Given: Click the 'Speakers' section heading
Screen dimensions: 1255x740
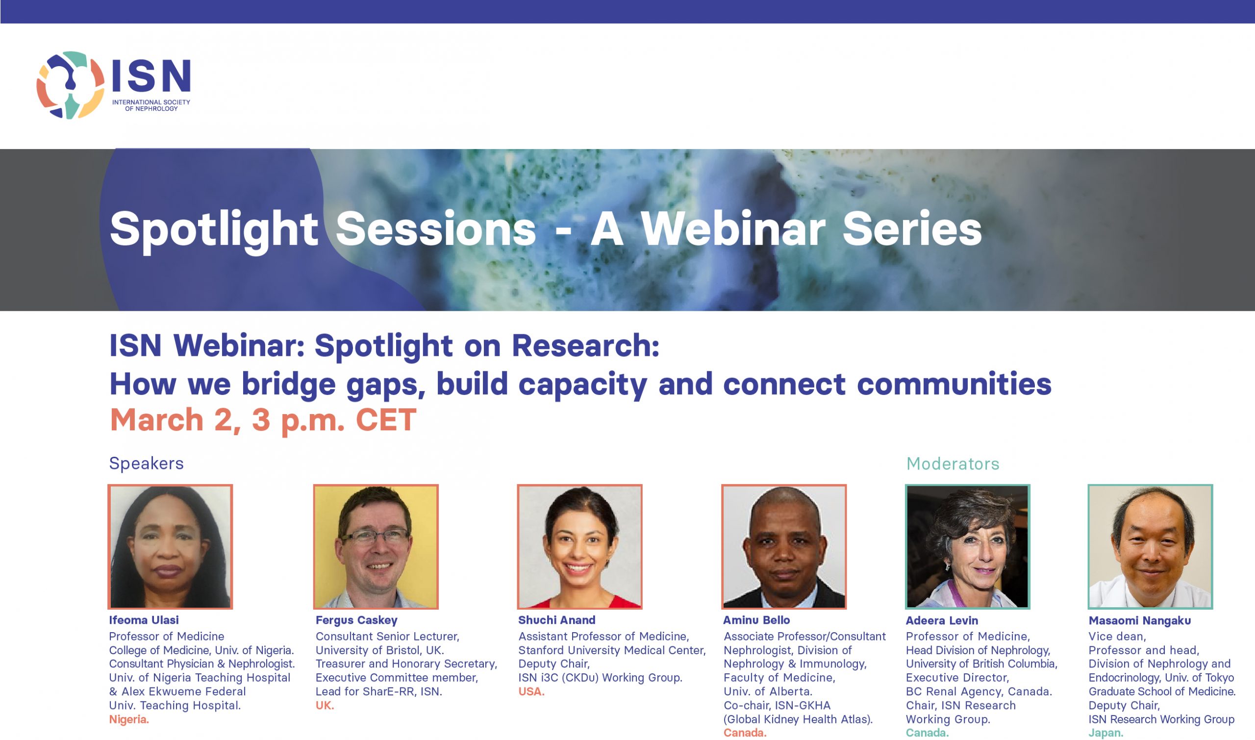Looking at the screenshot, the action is [146, 463].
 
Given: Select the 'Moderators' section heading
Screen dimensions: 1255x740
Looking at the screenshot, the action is [953, 464].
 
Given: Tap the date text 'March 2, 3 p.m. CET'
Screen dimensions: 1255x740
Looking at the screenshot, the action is [263, 420].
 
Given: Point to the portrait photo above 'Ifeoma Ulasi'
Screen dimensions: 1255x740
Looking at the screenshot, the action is [170, 546].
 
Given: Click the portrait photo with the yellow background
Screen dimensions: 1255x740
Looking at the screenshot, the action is [376, 546].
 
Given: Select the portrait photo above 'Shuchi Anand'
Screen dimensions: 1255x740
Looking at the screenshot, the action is [579, 546].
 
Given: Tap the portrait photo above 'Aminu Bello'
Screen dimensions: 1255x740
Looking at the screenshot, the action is [784, 546].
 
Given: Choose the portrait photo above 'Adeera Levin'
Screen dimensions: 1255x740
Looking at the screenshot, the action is [968, 546].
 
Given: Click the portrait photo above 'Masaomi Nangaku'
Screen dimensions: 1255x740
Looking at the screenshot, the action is [1150, 546].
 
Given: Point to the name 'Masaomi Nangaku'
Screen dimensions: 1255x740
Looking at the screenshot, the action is [1140, 621].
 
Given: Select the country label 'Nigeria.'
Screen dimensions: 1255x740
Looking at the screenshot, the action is [129, 719].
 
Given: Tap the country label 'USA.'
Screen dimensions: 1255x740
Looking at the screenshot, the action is [531, 691].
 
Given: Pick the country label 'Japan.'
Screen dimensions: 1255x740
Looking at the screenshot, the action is [1106, 733].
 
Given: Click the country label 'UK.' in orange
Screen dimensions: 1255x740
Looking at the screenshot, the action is [325, 706].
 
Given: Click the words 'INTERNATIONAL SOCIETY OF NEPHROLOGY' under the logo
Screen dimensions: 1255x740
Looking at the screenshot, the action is [151, 105].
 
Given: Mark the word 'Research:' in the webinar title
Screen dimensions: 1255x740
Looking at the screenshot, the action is [586, 345].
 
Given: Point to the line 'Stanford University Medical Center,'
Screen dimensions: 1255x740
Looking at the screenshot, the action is [612, 650].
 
